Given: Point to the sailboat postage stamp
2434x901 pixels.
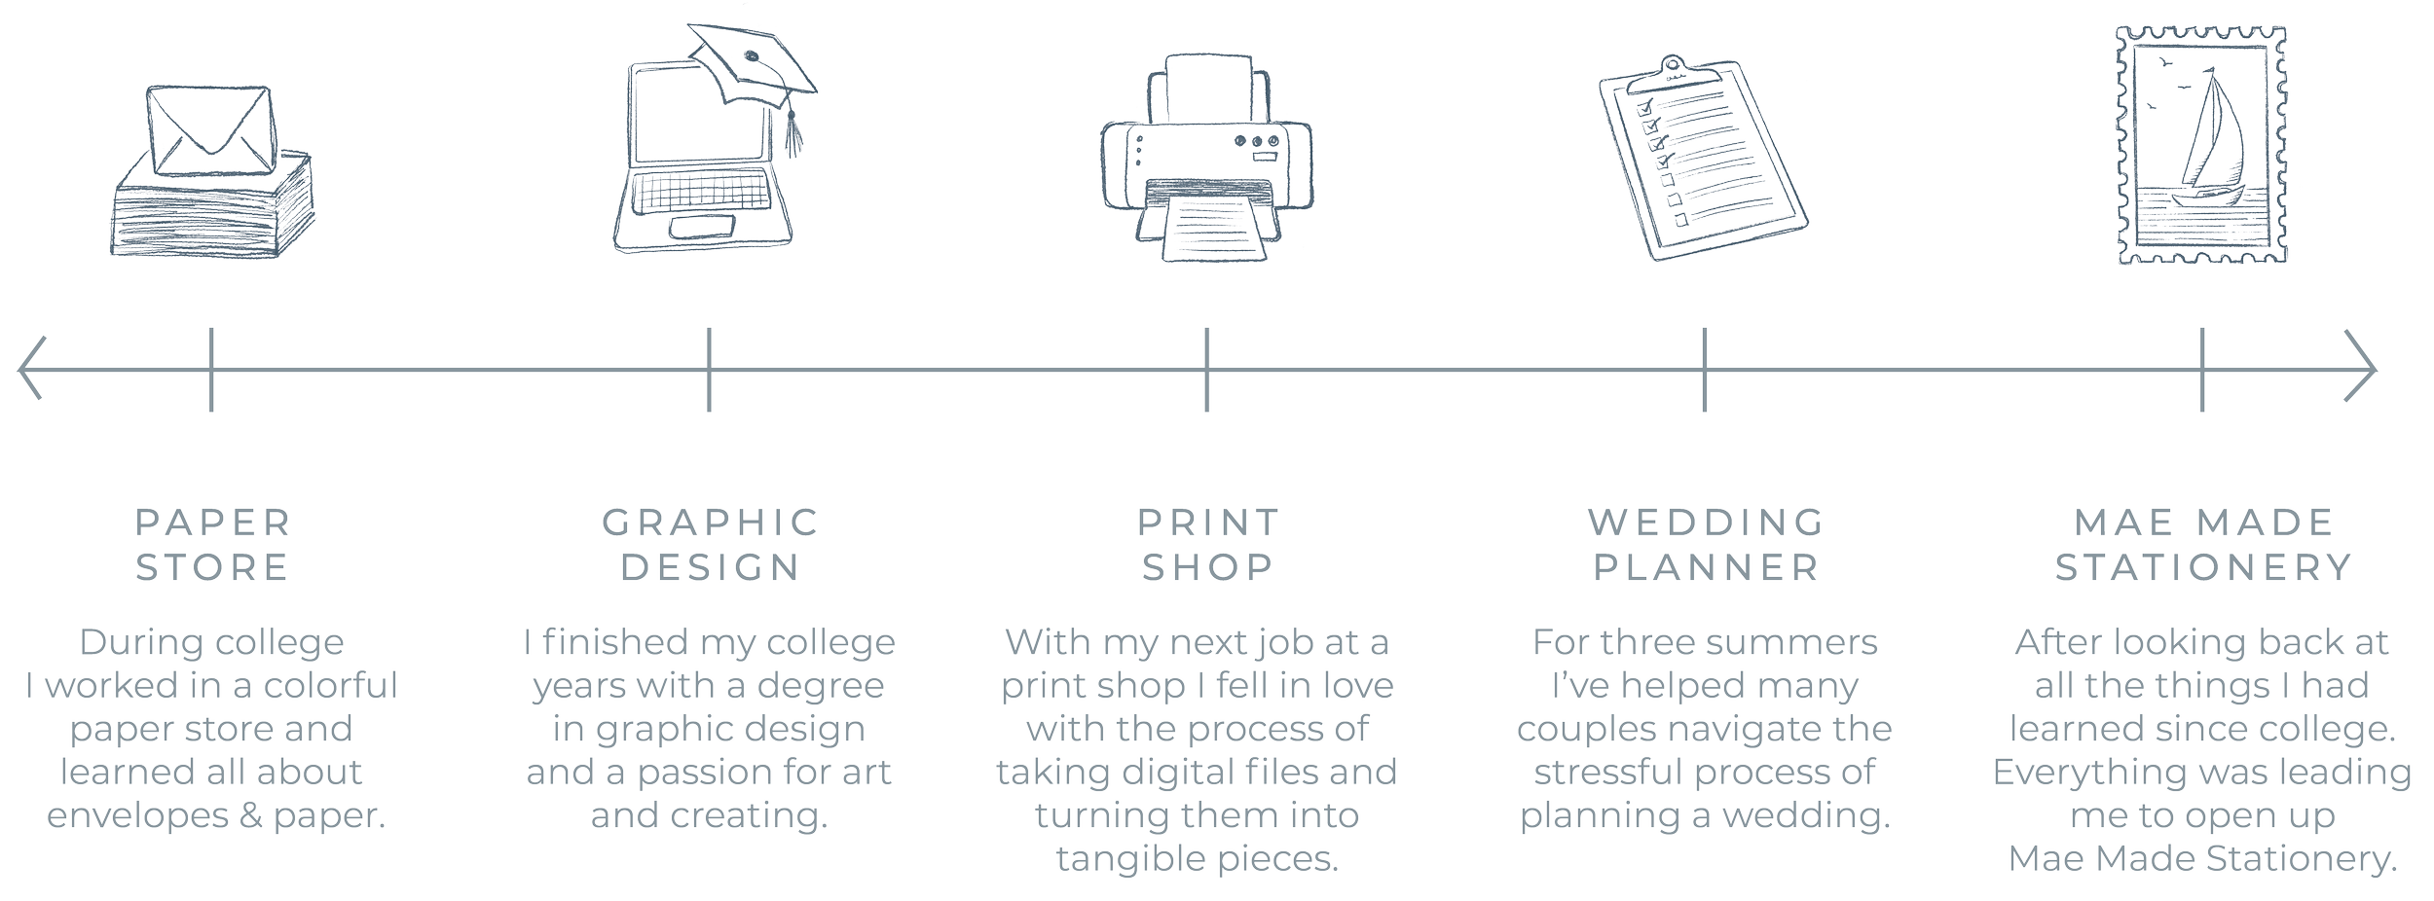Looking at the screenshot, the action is [2203, 146].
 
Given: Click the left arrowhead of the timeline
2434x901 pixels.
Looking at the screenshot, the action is [29, 369].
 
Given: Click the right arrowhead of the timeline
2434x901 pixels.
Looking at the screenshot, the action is [2366, 369].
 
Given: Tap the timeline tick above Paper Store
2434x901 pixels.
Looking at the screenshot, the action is [211, 369].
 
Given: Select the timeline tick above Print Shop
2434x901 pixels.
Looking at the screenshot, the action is [1207, 369].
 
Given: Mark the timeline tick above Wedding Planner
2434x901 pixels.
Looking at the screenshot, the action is [1705, 369].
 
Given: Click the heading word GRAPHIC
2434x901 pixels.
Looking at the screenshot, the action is [710, 523].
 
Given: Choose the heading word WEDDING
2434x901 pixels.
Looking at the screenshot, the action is [1705, 523].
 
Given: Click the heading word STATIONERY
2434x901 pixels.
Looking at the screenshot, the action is [2203, 567].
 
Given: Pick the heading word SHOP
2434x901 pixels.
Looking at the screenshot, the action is [1207, 567].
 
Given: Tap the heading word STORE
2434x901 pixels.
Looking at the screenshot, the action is [211, 567].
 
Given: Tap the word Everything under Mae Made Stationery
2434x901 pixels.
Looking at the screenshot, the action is [2069, 773].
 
